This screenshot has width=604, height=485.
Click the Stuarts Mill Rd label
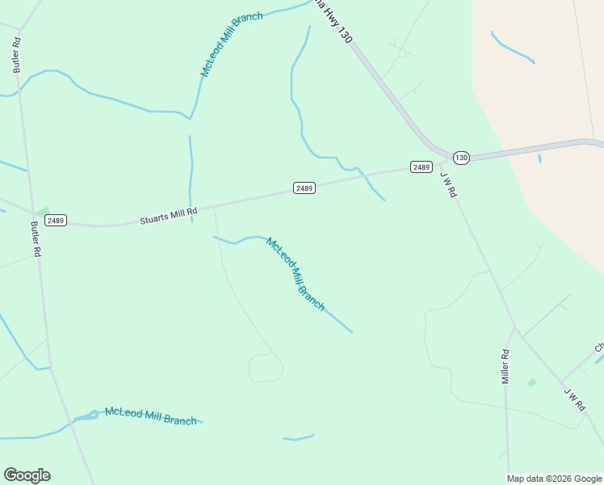tap(168, 216)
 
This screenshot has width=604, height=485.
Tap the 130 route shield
tap(460, 157)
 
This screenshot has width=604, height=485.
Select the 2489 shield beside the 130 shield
tap(421, 167)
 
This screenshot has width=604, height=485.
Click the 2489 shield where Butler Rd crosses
tap(56, 220)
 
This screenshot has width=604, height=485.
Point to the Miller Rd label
tap(505, 366)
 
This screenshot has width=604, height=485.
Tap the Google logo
tap(27, 475)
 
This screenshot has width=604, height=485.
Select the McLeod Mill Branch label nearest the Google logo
tap(150, 416)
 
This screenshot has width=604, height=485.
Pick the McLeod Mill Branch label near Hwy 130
tap(231, 44)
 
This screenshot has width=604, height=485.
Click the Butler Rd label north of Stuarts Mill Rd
tap(16, 55)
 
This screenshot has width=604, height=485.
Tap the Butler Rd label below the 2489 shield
tap(36, 239)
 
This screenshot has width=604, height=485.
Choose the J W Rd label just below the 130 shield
tap(449, 184)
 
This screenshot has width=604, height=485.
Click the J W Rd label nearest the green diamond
tap(573, 399)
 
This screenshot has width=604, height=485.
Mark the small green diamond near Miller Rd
tap(531, 382)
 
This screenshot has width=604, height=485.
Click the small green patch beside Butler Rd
tap(42, 212)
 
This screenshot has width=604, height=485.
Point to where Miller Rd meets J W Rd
tap(514, 328)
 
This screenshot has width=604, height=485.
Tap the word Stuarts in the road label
tap(153, 218)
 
